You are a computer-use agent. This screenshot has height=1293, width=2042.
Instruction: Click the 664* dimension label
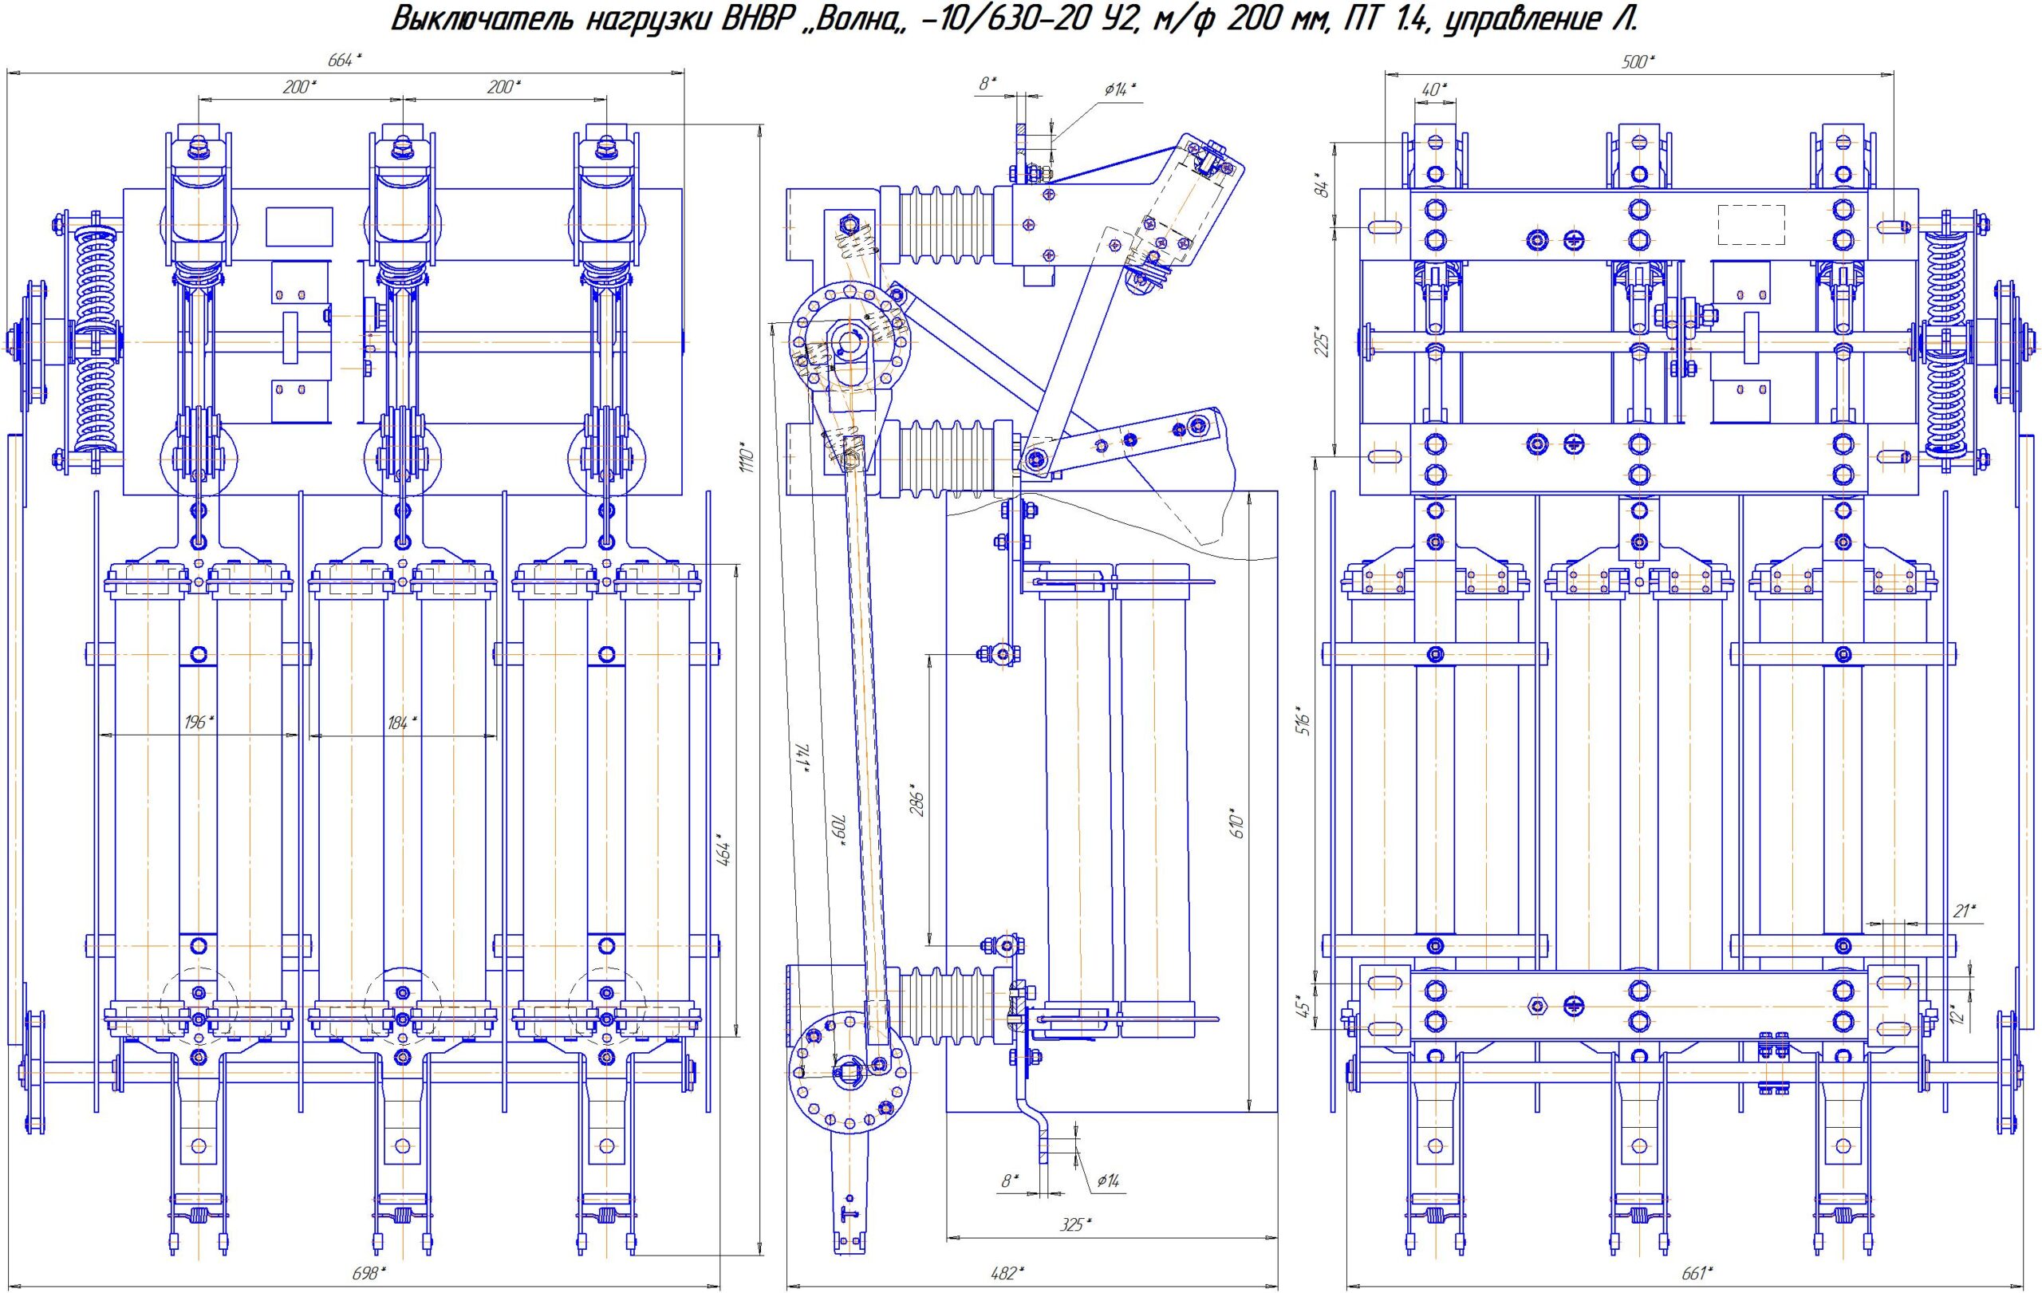pos(345,60)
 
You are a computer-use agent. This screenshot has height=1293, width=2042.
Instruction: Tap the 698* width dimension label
pos(369,1272)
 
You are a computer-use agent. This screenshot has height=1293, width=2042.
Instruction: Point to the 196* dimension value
pos(199,723)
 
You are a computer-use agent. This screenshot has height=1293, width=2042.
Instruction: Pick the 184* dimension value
pos(402,723)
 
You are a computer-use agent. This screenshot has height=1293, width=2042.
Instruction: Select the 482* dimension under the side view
pos(1007,1272)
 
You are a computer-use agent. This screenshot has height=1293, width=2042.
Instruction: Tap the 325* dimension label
pos(1075,1224)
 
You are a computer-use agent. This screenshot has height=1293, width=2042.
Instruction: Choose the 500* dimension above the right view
pos(1639,61)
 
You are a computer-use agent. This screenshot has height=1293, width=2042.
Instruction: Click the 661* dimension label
pos(1696,1272)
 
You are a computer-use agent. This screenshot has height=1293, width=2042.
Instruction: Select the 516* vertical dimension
pos(1305,719)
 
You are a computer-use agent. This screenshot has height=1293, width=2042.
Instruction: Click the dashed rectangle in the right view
pos(1751,225)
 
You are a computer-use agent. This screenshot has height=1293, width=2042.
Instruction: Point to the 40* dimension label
pos(1434,89)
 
